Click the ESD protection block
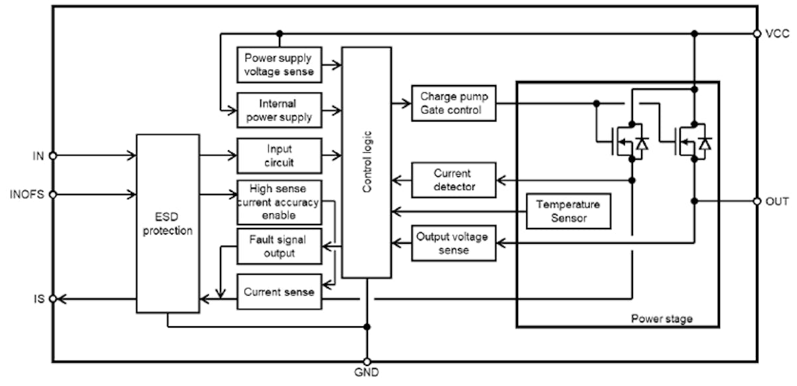pos(167,223)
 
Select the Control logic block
pos(367,162)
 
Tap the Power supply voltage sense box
pos(279,64)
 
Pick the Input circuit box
pos(279,156)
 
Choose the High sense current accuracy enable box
pos(279,202)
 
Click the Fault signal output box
pos(279,246)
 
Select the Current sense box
pos(279,292)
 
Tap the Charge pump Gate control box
pos(454,103)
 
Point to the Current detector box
pos(454,180)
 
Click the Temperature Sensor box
pos(568,211)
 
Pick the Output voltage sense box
pos(454,243)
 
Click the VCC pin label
pos(776,34)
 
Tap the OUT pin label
pos(777,201)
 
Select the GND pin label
pos(367,373)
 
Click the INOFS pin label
pos(27,195)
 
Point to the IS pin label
pos(39,299)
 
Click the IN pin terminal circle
pos(53,155)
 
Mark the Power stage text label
pos(661,319)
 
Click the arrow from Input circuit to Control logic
pos(331,156)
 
